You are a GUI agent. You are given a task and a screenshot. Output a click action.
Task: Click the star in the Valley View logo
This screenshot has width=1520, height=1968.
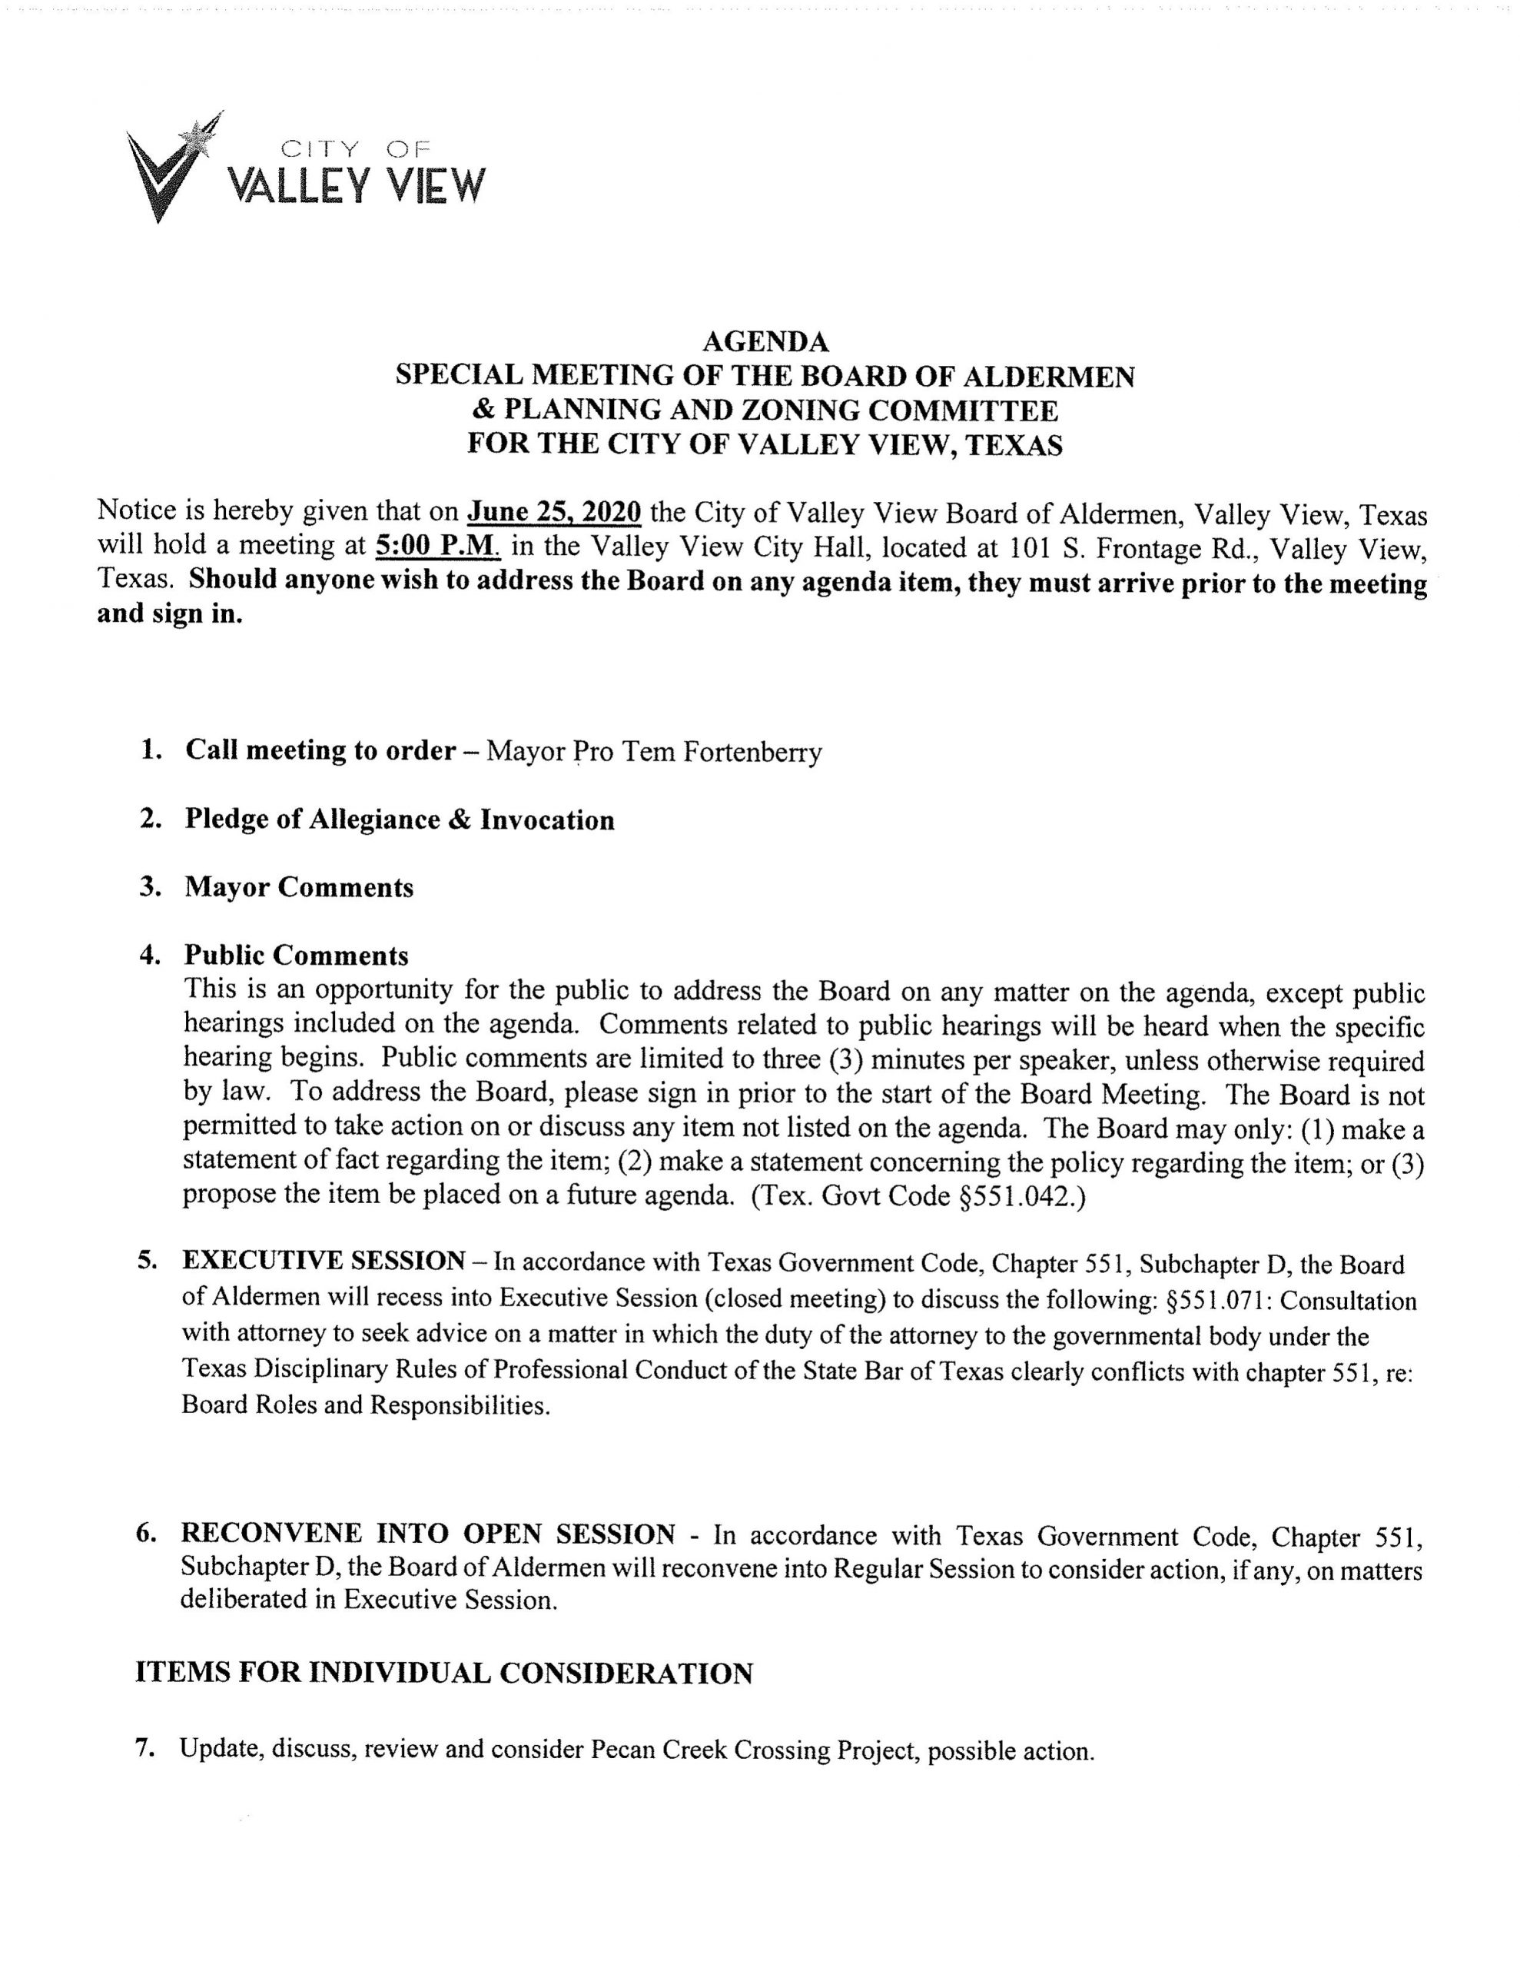click(193, 138)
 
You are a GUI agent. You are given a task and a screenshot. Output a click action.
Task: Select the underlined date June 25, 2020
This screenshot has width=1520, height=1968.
click(554, 513)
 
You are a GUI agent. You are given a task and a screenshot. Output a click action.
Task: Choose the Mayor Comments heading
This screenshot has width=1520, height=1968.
click(299, 888)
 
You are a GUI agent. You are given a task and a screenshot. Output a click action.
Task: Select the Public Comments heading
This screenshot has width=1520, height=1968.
click(297, 955)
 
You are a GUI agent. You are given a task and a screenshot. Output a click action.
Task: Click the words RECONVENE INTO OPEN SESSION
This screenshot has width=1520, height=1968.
click(428, 1534)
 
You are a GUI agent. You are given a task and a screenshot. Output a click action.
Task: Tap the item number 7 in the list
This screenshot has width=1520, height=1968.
click(142, 1749)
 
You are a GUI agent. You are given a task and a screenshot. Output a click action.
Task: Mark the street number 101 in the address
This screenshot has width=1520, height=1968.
click(1032, 548)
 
